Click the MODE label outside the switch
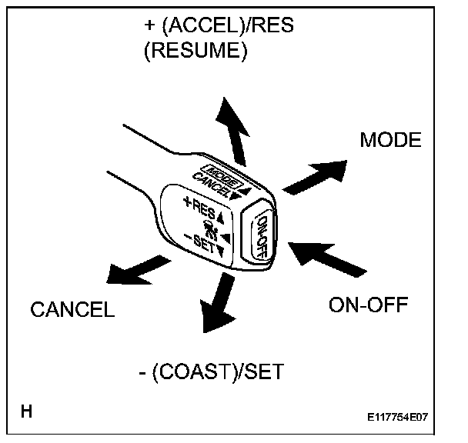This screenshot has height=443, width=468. (390, 141)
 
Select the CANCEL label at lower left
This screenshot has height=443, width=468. (72, 310)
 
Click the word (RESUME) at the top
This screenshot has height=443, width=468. (196, 52)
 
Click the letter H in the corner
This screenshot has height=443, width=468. (26, 412)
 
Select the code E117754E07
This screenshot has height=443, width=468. (397, 418)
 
